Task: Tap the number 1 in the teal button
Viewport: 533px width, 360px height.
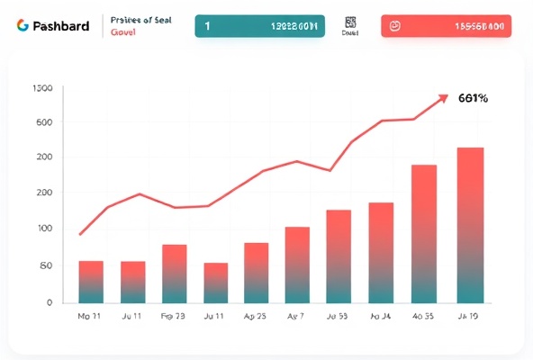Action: tap(208, 26)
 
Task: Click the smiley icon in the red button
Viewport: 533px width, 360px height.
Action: tap(394, 26)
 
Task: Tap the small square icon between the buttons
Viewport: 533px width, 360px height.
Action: tap(351, 23)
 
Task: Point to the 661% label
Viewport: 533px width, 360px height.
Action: tap(473, 98)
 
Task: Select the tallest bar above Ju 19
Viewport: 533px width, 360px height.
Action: tap(470, 225)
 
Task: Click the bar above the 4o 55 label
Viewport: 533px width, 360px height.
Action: tap(423, 234)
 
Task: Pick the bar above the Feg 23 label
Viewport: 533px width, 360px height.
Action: tap(174, 274)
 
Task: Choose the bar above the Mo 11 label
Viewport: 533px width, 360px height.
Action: tap(91, 282)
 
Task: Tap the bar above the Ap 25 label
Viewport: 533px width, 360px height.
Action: tap(257, 273)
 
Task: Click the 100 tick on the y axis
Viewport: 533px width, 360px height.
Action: tap(43, 229)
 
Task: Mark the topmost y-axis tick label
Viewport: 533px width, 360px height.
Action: tap(42, 88)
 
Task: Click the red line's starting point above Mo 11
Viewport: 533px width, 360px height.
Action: tap(81, 235)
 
